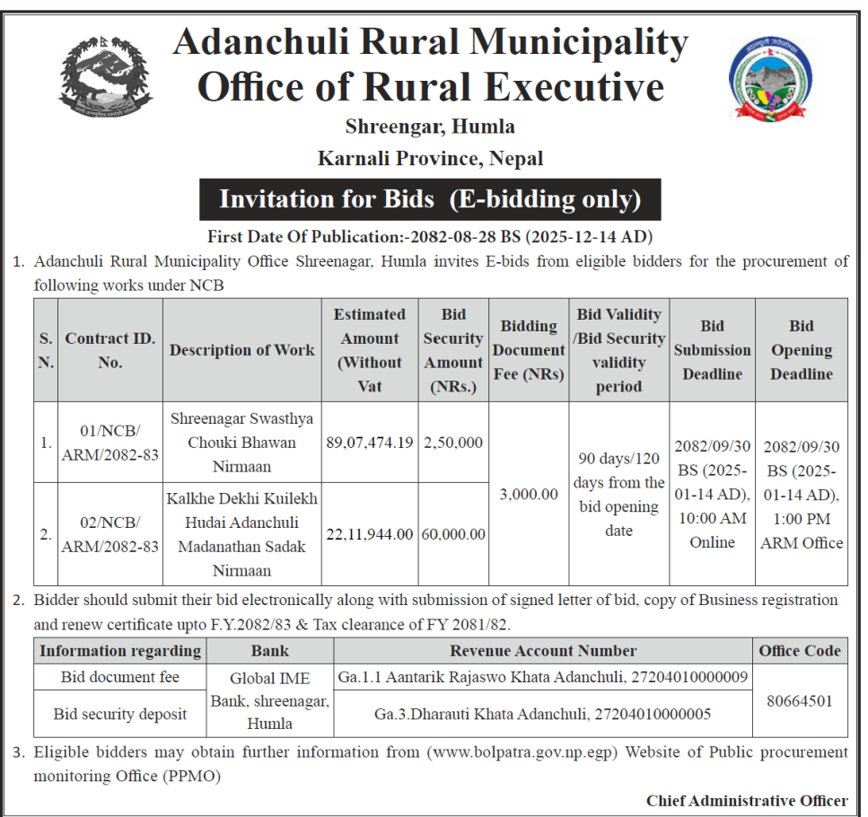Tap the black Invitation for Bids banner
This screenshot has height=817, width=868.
430,199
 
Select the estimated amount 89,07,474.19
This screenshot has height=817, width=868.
369,442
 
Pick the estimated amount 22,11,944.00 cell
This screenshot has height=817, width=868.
369,534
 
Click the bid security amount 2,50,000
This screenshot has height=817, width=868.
452,442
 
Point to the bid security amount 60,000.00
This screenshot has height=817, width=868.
452,534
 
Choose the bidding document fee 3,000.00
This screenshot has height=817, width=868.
529,494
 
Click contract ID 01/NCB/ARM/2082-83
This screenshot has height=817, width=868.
110,442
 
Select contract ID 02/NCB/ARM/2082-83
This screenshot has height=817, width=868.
110,534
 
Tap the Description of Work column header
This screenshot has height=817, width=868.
241,350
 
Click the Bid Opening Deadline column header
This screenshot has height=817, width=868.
801,350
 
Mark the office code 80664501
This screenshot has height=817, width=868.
799,700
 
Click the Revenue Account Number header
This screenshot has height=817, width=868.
543,651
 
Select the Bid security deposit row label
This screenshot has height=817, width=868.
120,715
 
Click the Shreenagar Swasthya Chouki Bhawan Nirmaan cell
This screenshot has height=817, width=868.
241,442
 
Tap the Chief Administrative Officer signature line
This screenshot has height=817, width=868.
746,801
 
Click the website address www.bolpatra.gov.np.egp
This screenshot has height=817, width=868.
522,751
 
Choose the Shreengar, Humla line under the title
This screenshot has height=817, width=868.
430,127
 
